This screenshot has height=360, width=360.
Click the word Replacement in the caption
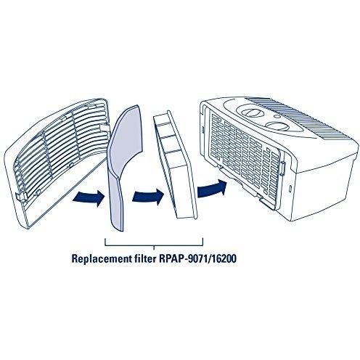point(101,259)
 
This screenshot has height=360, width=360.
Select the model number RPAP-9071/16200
point(197,258)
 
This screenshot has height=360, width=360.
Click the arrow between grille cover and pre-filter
point(88,196)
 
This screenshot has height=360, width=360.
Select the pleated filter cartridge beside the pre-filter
point(176,165)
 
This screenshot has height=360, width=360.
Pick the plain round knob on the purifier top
point(276,126)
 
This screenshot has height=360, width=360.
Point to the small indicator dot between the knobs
point(278,117)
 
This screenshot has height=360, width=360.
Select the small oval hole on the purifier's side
point(290,188)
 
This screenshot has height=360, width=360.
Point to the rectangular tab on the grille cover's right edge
point(105,127)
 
